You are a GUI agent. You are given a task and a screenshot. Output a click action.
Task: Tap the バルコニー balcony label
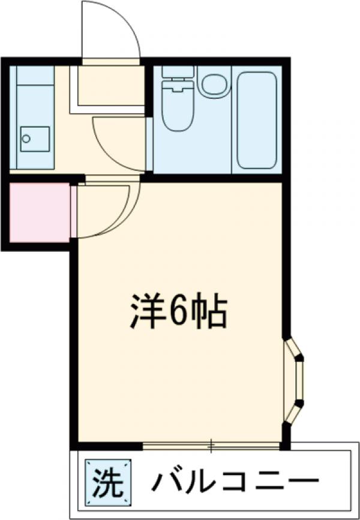[x=233, y=480]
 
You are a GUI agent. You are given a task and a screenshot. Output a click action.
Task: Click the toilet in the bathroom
[x=178, y=108]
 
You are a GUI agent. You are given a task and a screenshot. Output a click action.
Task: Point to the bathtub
[x=256, y=120]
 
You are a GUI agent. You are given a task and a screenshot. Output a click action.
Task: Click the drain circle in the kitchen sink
[x=26, y=139]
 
